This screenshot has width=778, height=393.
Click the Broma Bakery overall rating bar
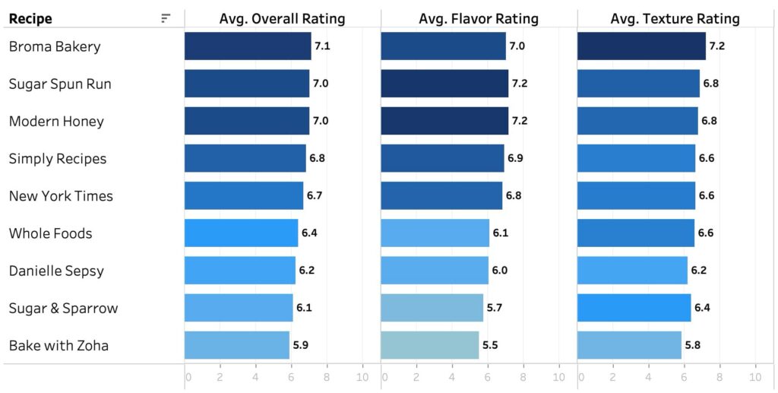(x=248, y=46)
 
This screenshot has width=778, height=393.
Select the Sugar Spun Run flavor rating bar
(x=444, y=84)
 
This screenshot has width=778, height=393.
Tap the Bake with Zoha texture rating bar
(x=629, y=345)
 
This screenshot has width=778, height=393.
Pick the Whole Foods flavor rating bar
(x=435, y=233)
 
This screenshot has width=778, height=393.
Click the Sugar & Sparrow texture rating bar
(x=634, y=308)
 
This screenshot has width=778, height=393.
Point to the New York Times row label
(x=61, y=196)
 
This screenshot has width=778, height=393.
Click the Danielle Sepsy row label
(x=56, y=271)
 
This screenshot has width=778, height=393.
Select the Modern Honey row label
(x=56, y=122)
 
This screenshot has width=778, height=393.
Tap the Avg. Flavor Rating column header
(x=479, y=19)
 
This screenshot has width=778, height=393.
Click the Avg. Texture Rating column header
(x=675, y=19)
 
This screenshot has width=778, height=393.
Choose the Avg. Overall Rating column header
(x=282, y=19)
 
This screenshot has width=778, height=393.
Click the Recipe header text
(x=30, y=19)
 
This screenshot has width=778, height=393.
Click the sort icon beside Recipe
(x=166, y=19)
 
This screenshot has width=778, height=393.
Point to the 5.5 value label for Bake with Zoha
(x=490, y=345)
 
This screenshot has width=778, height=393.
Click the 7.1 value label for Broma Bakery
(x=322, y=46)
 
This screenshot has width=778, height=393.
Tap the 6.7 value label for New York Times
(x=315, y=196)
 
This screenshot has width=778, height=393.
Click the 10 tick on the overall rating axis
(x=362, y=377)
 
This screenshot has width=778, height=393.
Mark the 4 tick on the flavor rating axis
(x=452, y=377)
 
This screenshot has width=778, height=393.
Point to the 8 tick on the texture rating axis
(x=719, y=377)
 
